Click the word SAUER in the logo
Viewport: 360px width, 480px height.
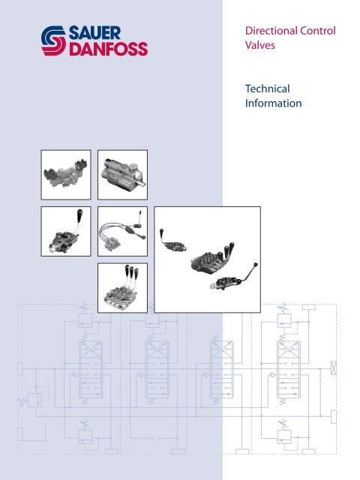pos(94,33)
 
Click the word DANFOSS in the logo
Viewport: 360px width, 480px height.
pos(108,49)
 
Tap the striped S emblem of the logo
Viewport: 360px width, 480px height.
pos(53,41)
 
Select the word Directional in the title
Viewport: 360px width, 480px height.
pos(271,31)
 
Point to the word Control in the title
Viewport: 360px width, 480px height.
pos(318,31)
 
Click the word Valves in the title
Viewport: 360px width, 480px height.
pos(260,45)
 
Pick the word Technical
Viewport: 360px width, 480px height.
pos(267,88)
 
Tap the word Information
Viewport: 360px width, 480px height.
pos(273,103)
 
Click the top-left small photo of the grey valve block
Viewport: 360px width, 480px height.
pos(66,175)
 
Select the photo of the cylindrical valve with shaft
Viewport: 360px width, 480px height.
pos(122,175)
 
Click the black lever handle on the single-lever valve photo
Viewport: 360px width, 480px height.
pos(79,214)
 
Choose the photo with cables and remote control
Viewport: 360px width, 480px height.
pos(122,231)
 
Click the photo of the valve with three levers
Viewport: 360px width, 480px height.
pos(122,288)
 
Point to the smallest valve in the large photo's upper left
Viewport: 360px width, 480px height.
pos(172,241)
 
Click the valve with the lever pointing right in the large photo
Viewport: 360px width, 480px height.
pos(233,277)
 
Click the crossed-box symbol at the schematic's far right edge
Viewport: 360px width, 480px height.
pos(334,367)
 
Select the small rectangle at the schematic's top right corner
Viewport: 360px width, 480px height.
pos(308,307)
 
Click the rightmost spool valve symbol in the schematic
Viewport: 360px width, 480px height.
pos(288,370)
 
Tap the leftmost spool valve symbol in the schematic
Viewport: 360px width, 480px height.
pos(91,370)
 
